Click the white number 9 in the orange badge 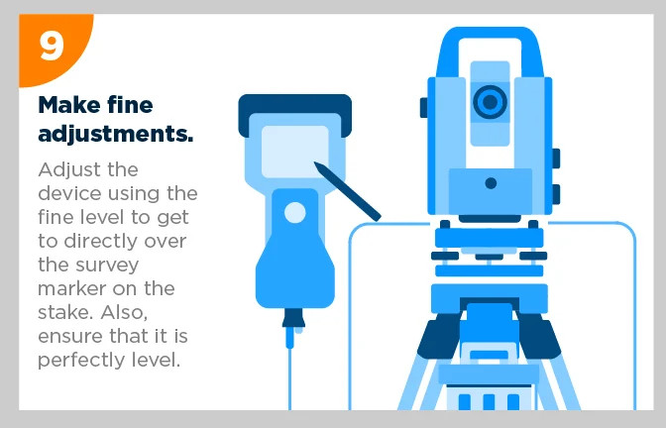click(x=52, y=47)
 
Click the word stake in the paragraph click(x=63, y=312)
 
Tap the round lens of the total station click(x=490, y=102)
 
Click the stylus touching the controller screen click(x=347, y=191)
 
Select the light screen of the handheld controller click(x=294, y=152)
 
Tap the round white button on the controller click(x=294, y=212)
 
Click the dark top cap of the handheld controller click(x=294, y=110)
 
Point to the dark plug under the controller click(x=293, y=318)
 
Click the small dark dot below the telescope click(x=491, y=183)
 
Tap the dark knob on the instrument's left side click(x=424, y=108)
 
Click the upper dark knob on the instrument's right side click(x=556, y=159)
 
